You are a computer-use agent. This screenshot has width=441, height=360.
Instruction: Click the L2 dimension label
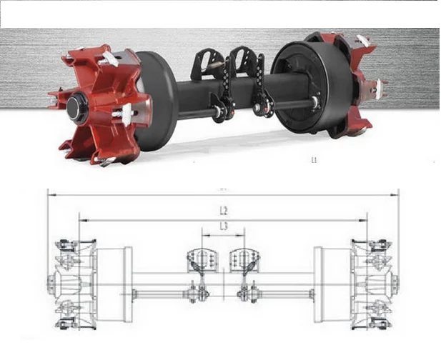click(224, 211)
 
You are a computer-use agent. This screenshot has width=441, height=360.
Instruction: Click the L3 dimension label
click(224, 226)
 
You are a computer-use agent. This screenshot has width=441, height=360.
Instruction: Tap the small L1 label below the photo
click(314, 161)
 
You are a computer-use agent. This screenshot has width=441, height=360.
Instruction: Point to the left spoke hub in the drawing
click(71, 284)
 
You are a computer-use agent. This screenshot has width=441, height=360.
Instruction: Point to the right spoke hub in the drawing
click(373, 284)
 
